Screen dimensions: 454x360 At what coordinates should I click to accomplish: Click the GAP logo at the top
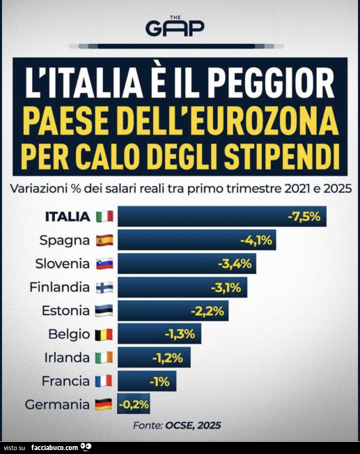175,27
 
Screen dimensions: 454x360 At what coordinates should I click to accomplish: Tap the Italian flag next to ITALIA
104,216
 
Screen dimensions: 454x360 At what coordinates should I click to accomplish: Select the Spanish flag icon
104,240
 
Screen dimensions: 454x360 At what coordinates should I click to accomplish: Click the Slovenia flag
104,264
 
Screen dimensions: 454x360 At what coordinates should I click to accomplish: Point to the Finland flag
104,287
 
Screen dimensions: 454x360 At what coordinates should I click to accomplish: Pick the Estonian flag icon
104,311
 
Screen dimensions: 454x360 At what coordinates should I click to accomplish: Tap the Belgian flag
104,335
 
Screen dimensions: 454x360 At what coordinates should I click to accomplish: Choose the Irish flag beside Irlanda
104,358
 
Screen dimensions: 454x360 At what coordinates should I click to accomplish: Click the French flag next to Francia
104,381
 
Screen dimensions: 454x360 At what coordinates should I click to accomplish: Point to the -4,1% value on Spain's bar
256,240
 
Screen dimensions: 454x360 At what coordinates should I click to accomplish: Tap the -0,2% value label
133,404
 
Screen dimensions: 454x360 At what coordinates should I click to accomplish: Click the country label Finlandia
59,287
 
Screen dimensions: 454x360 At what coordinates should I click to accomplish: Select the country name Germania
57,405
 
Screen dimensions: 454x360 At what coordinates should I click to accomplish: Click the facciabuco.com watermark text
55,448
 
